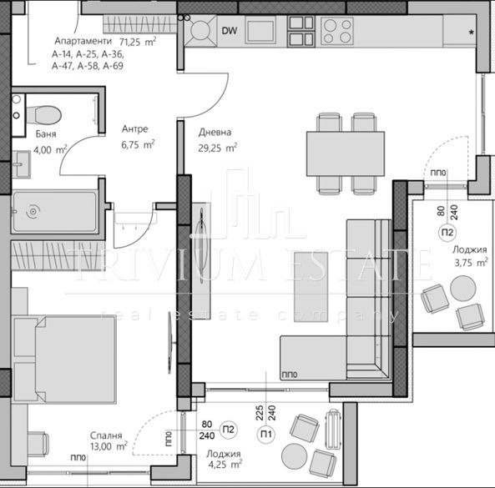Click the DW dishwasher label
tap(228, 32)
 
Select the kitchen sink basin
tap(260, 32)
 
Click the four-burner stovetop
tap(336, 31)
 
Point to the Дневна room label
tap(215, 132)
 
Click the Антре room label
tap(134, 129)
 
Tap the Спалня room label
tap(109, 435)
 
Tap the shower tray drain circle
tap(33, 212)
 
